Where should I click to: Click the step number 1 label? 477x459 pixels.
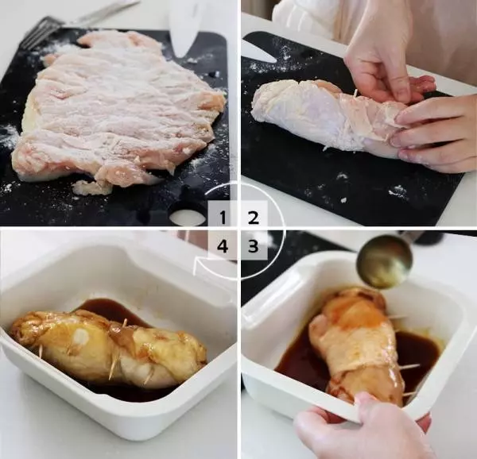pos(223,218)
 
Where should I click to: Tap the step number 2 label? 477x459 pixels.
pos(254,218)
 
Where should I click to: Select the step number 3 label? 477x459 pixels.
pos(253,246)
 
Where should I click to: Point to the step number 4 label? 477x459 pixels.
pos(223,246)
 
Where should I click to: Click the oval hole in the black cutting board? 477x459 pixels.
pos(188,218)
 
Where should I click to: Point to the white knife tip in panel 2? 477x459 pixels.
pos(258,52)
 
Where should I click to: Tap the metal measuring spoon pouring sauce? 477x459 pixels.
pos(385,260)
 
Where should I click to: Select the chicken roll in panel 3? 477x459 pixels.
pos(356,343)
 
